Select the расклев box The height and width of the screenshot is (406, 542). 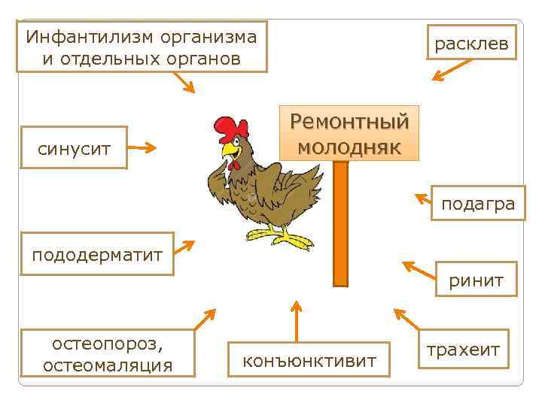tap(471, 44)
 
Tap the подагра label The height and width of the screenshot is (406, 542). tap(478, 204)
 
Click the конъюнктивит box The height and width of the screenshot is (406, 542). tap(309, 361)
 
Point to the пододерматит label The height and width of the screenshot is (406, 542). tap(97, 255)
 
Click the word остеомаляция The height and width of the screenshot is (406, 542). tap(108, 365)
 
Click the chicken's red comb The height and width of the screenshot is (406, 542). tap(230, 129)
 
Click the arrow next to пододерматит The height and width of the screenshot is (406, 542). tap(184, 249)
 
